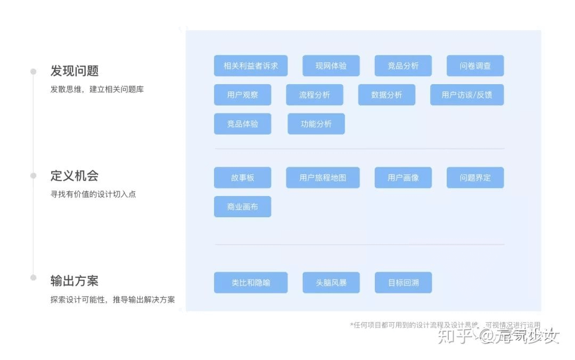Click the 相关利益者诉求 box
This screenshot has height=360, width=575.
(250, 66)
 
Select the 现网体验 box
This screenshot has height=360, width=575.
(331, 66)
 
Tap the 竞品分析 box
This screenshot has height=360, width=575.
(403, 66)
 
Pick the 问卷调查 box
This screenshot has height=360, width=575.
(475, 66)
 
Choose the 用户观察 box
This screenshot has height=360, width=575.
(242, 95)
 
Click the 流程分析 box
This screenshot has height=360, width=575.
(314, 95)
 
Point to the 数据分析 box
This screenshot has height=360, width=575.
(387, 95)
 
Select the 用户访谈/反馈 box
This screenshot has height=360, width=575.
(466, 95)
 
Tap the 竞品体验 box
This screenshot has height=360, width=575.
(242, 124)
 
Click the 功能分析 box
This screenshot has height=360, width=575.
(316, 124)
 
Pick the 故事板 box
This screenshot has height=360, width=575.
(242, 178)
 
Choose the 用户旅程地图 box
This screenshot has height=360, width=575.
(323, 178)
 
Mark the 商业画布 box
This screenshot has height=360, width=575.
(242, 207)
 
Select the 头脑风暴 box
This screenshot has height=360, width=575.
(331, 283)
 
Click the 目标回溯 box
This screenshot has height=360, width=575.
(403, 283)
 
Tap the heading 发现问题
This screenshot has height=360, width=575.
(75, 71)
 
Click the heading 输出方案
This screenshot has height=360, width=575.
(75, 281)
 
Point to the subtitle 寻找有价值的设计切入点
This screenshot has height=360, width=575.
(93, 194)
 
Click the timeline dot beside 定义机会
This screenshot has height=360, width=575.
(33, 176)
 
